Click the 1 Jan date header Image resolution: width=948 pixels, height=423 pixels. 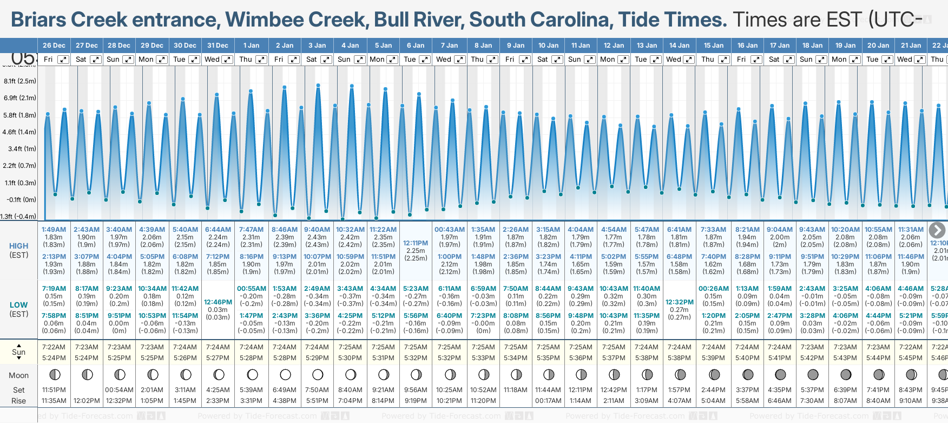coord(251,45)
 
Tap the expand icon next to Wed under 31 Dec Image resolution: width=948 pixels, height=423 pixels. coord(227,60)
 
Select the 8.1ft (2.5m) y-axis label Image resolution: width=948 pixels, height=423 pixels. coord(20,81)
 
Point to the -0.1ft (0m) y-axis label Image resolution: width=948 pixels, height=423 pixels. coord(22,199)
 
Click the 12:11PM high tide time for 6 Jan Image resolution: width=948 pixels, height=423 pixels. coord(416,243)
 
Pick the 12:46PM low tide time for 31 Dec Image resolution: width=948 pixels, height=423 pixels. coord(218,302)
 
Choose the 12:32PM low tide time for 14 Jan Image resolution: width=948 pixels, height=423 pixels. coord(680,302)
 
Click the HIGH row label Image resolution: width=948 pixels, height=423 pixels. coord(19,246)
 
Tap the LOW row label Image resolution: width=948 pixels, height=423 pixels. coord(19,305)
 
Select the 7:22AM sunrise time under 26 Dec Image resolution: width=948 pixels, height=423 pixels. coord(54,347)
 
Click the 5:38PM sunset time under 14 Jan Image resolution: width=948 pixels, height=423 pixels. coord(679,358)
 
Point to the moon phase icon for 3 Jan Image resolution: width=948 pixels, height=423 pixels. coord(318,374)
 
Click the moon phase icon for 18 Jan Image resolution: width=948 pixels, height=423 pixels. coord(813,374)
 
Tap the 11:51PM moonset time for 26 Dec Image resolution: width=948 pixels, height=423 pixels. coord(54,390)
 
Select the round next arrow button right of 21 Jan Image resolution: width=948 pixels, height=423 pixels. coord(937,230)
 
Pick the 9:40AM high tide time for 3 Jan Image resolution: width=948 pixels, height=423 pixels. coord(317,230)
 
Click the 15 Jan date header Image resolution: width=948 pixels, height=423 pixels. coord(713,45)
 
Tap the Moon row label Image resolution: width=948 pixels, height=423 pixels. coord(19,375)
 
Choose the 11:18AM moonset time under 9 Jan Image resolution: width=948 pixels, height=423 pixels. coord(515,390)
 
